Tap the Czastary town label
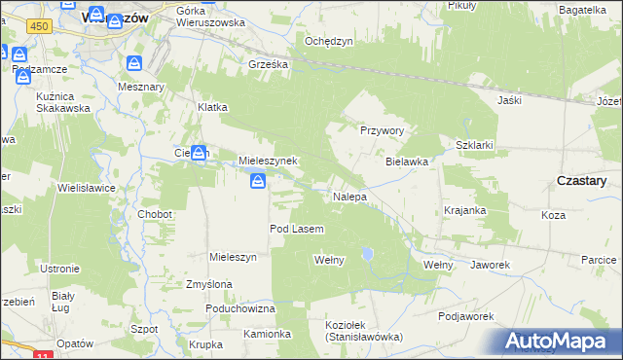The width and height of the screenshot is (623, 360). coord(581,181)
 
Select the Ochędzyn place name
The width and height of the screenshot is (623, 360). coord(328,41)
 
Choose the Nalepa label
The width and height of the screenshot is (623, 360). coord(349,197)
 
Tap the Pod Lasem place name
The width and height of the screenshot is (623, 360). coord(296,229)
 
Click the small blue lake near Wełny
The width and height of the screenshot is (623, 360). coord(366,255)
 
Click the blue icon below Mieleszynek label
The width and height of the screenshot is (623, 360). coord(258,181)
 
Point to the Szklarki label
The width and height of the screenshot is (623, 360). coord(475,145)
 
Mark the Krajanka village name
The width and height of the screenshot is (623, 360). coord(464,210)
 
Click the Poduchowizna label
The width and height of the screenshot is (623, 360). coord(240,308)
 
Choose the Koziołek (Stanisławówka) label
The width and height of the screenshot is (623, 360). coord(364,331)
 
